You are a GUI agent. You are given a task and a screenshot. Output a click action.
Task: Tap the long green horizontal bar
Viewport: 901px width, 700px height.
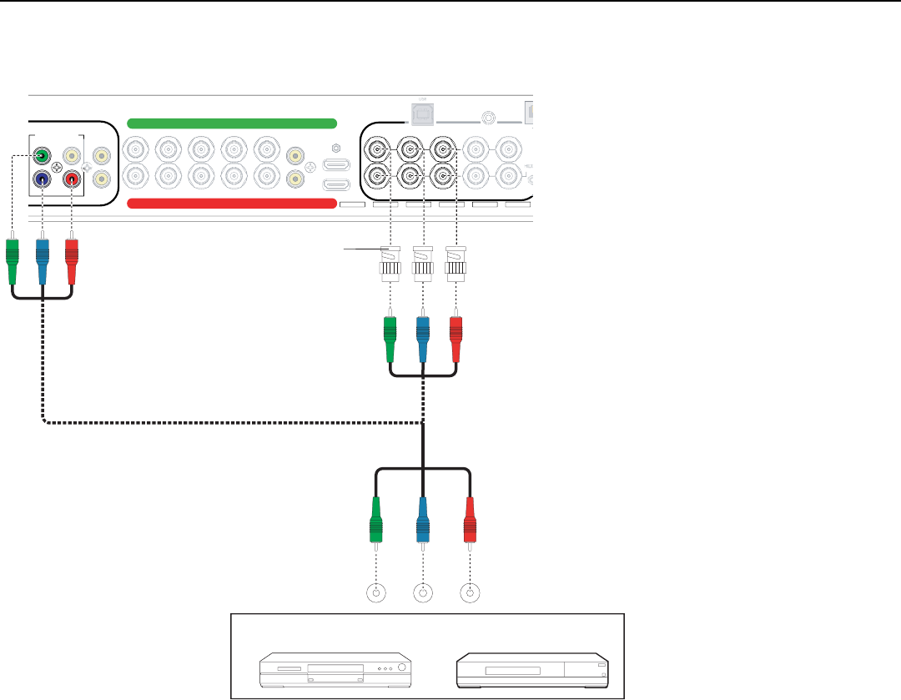231,123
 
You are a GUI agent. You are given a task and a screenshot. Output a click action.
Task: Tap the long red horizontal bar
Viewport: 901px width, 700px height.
231,204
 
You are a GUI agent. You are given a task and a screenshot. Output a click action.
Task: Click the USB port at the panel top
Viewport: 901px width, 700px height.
417,109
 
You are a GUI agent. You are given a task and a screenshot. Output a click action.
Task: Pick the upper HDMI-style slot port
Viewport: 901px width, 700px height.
335,164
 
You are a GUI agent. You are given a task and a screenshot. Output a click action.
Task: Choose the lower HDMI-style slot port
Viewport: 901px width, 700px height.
335,186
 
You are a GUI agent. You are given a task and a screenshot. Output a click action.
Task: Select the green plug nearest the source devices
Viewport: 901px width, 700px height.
376,520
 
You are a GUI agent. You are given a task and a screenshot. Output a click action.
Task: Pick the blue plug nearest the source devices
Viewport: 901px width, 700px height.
424,520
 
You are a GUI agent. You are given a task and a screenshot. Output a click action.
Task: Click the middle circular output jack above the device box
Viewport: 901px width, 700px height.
424,594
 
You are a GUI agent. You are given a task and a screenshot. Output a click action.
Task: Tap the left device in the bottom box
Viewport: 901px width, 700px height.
335,668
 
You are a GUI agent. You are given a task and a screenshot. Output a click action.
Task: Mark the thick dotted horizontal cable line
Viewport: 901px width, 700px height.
234,422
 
